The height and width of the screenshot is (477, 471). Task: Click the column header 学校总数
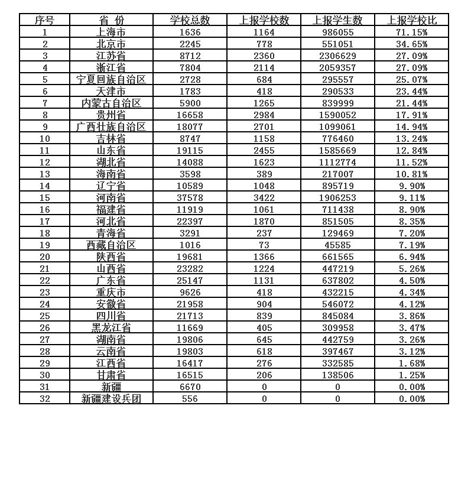click(x=190, y=20)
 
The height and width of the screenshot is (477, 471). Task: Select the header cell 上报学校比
click(x=411, y=20)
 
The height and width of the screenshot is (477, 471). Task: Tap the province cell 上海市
click(x=111, y=32)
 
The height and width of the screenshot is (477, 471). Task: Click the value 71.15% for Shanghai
click(x=411, y=32)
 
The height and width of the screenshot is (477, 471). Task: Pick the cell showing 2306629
click(x=337, y=56)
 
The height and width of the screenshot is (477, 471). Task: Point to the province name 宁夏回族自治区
click(x=111, y=79)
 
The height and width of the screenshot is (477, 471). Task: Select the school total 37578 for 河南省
click(x=190, y=197)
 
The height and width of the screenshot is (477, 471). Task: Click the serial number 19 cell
click(x=44, y=245)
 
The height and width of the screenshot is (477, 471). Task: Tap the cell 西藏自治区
click(x=111, y=245)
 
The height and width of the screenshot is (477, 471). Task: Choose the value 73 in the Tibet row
click(x=264, y=245)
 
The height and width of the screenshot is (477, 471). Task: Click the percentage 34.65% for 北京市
click(x=411, y=44)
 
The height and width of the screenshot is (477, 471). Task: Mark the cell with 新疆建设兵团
click(x=111, y=398)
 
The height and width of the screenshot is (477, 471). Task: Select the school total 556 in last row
click(x=190, y=398)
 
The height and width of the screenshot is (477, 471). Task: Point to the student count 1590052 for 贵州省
click(x=337, y=115)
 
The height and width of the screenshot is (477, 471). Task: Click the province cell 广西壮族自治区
click(x=111, y=126)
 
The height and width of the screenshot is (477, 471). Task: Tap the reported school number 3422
click(x=264, y=197)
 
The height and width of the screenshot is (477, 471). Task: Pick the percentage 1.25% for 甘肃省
click(x=411, y=375)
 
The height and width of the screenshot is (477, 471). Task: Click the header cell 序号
click(x=44, y=20)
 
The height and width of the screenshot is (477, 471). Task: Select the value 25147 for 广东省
click(x=190, y=280)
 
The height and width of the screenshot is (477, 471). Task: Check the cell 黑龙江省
click(x=111, y=327)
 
